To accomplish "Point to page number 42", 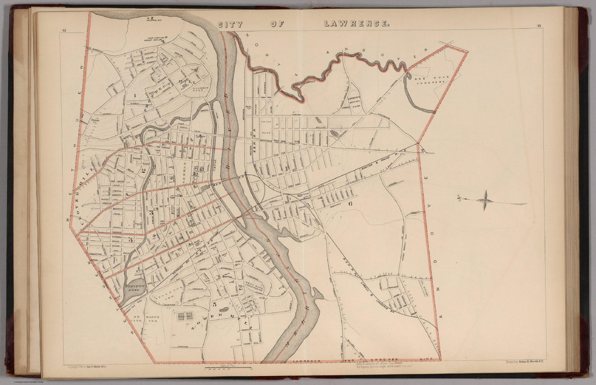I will point(64,31).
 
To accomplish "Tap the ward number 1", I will point(135,95).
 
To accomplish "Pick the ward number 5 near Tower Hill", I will point(215,304).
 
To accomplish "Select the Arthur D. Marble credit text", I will point(526,363).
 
